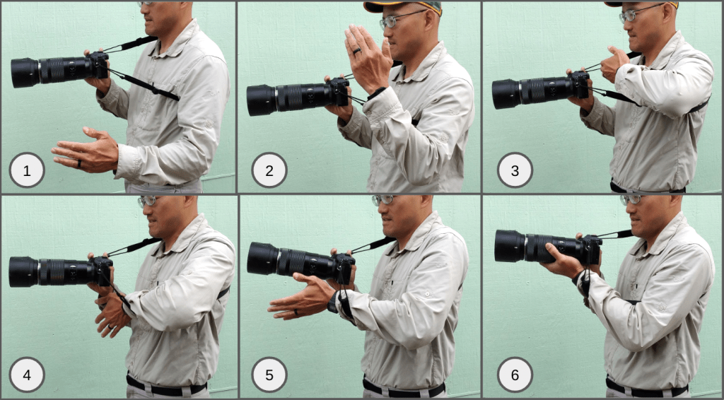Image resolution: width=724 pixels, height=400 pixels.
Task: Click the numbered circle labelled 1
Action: pyautogui.click(x=27, y=170)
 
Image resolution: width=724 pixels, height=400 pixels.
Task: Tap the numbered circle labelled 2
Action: pyautogui.click(x=269, y=170)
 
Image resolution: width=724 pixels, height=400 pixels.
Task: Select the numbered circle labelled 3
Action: pyautogui.click(x=515, y=170)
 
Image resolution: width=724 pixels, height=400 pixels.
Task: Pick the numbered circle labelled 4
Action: pyautogui.click(x=27, y=375)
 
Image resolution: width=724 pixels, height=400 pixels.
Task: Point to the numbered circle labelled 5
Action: pyautogui.click(x=269, y=375)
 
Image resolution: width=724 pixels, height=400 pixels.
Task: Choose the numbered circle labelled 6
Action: pyautogui.click(x=515, y=375)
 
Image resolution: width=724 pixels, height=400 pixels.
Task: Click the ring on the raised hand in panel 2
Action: pyautogui.click(x=357, y=51)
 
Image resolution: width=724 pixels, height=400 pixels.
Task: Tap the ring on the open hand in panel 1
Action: pyautogui.click(x=79, y=164)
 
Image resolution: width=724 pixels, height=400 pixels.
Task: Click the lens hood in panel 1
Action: pyautogui.click(x=25, y=73)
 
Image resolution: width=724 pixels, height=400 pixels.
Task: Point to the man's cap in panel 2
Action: pyautogui.click(x=402, y=6)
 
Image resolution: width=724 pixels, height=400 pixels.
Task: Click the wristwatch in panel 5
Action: pyautogui.click(x=333, y=302)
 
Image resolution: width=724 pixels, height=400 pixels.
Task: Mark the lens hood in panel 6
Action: pyautogui.click(x=510, y=247)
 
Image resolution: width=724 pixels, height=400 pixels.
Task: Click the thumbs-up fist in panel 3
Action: pyautogui.click(x=614, y=63)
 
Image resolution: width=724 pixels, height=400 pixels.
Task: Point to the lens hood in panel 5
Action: pyautogui.click(x=262, y=258)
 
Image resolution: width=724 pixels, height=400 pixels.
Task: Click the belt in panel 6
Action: pyautogui.click(x=646, y=385)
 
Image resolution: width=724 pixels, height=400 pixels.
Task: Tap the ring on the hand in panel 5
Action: pyautogui.click(x=296, y=312)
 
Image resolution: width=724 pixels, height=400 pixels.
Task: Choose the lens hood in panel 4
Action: pyautogui.click(x=23, y=272)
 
